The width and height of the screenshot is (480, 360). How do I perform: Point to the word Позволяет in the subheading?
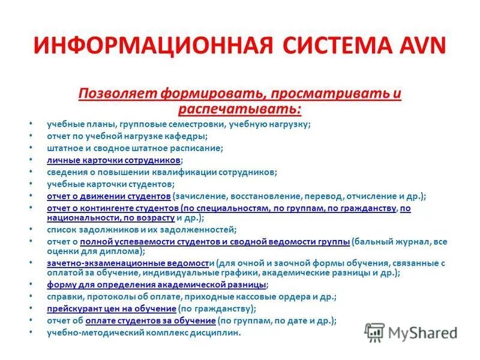click(x=112, y=94)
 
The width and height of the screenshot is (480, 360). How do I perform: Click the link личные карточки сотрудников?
click(x=113, y=161)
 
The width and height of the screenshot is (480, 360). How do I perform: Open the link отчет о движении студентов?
click(x=109, y=196)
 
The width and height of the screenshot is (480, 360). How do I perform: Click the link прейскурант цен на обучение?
click(x=111, y=308)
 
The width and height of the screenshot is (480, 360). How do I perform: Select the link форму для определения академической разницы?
click(x=157, y=284)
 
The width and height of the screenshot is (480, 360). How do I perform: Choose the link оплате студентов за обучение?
click(x=149, y=320)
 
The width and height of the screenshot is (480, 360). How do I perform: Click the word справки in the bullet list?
click(x=62, y=296)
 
